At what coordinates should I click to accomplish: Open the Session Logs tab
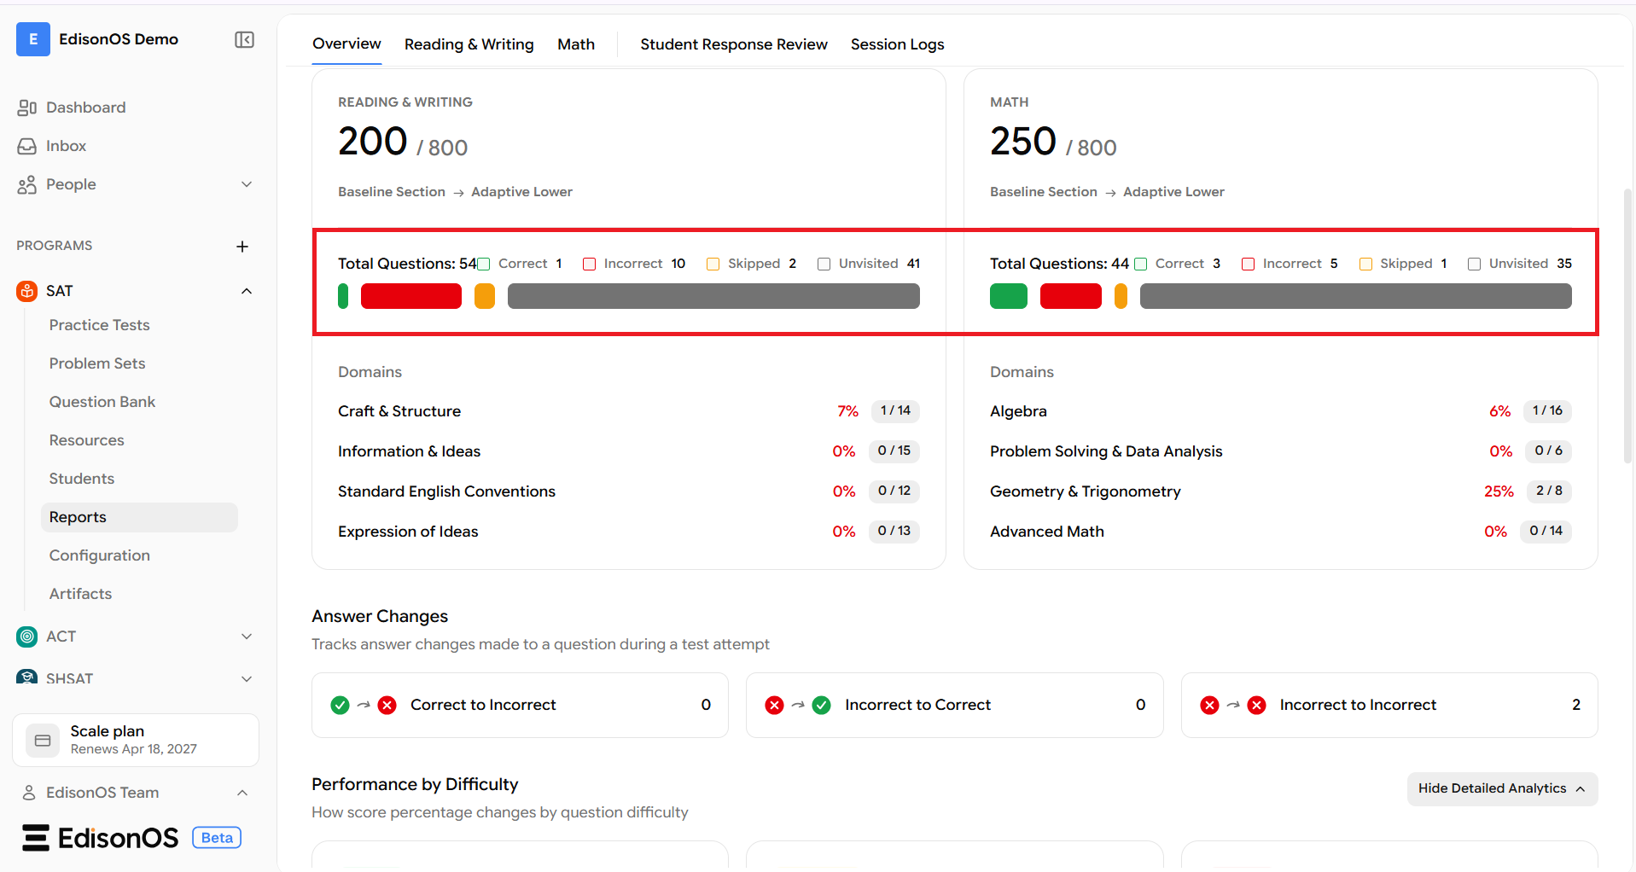click(x=897, y=44)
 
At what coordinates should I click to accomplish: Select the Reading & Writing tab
click(x=469, y=44)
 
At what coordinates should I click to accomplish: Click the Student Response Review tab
click(x=734, y=44)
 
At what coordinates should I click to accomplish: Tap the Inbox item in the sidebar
click(x=66, y=146)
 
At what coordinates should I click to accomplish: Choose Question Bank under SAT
click(x=102, y=402)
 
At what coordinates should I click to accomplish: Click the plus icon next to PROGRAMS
click(x=242, y=247)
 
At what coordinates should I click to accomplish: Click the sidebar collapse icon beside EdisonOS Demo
click(x=244, y=40)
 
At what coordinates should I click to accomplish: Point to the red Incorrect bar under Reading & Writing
click(x=410, y=296)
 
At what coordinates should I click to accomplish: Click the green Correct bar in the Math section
click(x=1008, y=296)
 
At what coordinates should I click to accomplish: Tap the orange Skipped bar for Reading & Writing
click(x=484, y=296)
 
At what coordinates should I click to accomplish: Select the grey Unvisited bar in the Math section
click(x=1355, y=296)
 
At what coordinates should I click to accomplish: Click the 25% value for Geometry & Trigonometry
click(x=1499, y=491)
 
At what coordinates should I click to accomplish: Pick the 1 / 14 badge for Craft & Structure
click(x=895, y=410)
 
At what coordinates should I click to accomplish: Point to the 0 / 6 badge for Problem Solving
click(x=1548, y=451)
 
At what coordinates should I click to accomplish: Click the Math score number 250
click(x=1022, y=142)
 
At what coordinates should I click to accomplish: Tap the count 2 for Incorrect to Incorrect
click(x=1575, y=705)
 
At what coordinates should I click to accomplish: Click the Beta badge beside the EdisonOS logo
click(x=217, y=838)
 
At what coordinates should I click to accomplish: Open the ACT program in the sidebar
click(x=61, y=637)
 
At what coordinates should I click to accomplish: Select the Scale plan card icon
click(x=43, y=741)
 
